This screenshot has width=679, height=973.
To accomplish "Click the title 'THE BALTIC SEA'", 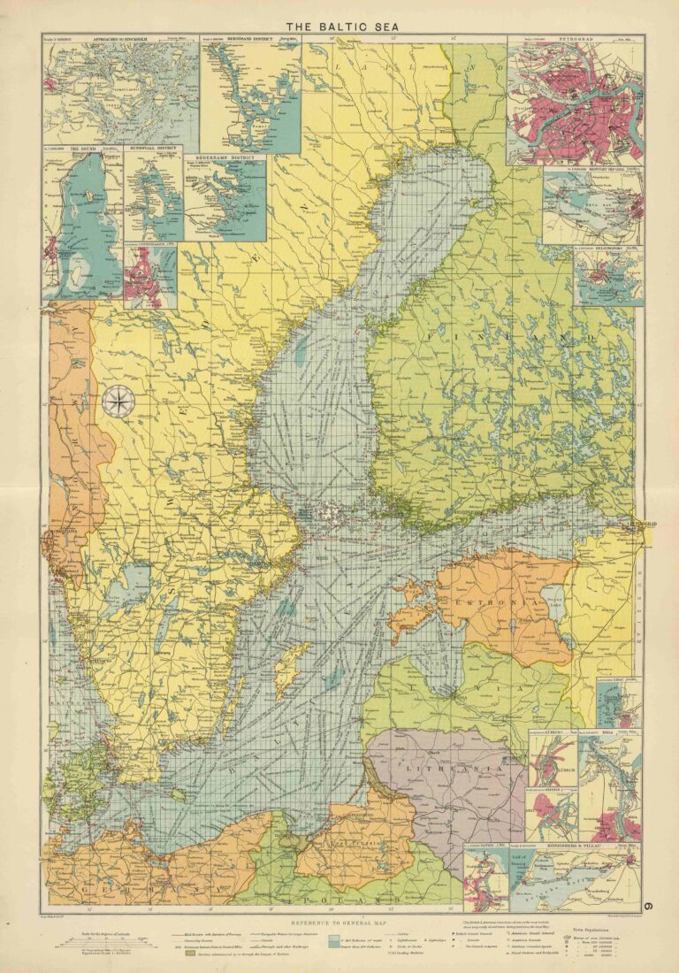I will [339, 27].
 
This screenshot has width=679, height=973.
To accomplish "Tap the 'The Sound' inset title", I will [75, 150].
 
